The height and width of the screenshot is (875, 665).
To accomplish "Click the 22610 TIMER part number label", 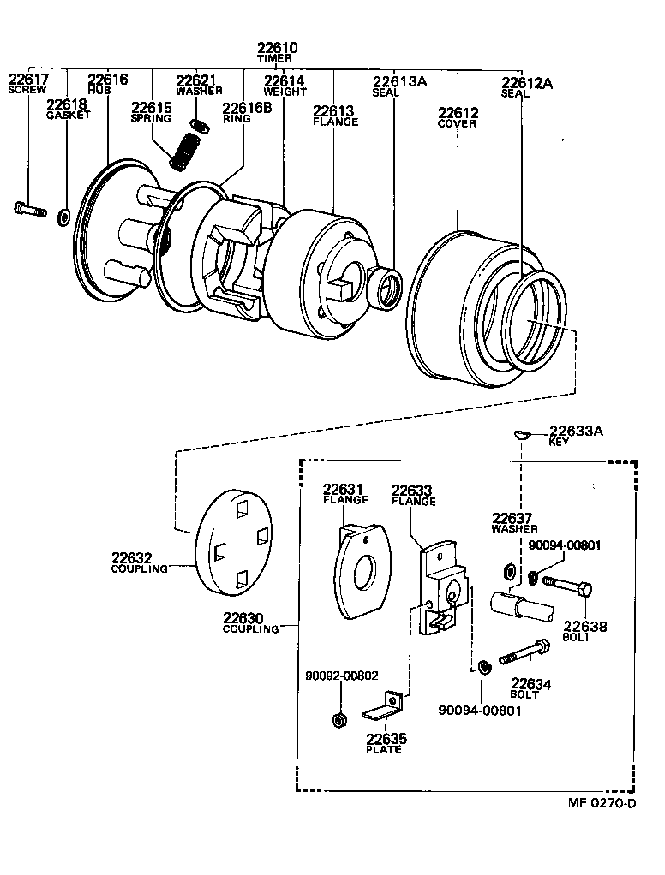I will (x=278, y=52).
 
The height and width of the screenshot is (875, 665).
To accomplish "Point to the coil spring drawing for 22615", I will (x=183, y=152).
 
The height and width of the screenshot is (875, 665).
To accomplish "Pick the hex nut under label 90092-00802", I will (x=338, y=719).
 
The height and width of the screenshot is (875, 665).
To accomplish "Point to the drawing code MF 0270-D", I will (x=602, y=803).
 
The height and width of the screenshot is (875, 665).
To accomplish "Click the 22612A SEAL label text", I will (x=526, y=87).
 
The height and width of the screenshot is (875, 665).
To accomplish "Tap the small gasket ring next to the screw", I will (x=63, y=217).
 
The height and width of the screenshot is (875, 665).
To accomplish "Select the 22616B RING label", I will (x=247, y=112).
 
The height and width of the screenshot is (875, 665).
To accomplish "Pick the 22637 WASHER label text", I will (x=512, y=522).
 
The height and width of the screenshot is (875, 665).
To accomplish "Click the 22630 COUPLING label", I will (x=251, y=622).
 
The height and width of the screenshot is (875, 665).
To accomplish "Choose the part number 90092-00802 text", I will (x=341, y=675).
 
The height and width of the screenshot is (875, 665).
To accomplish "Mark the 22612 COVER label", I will (x=458, y=117).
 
